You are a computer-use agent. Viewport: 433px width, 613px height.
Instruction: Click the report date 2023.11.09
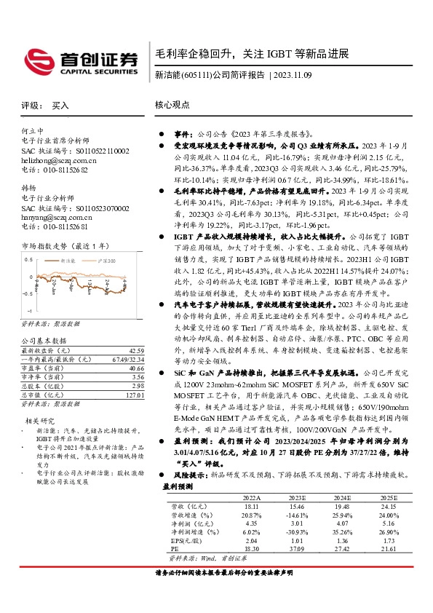(298, 74)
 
